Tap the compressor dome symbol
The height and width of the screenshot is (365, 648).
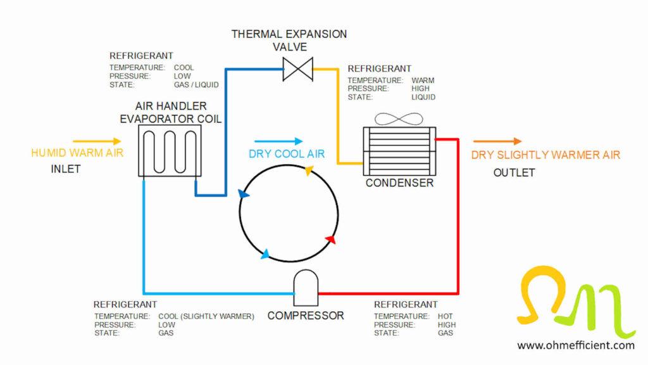coord(306,285)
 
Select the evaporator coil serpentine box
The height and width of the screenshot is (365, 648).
coord(170,150)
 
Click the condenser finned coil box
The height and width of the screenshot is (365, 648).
coord(399,150)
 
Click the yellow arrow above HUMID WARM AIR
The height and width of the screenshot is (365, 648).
coord(97,141)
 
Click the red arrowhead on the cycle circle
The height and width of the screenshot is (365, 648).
coord(330,240)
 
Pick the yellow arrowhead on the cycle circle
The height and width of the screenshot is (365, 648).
coord(308,170)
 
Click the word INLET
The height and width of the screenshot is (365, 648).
coord(66,169)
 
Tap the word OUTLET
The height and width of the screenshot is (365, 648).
coord(514,172)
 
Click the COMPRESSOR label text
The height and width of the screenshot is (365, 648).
coord(306,315)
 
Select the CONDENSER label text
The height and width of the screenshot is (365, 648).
coord(399,183)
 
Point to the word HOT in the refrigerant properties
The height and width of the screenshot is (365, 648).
coord(445,316)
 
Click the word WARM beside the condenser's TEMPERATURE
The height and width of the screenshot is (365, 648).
coord(423,80)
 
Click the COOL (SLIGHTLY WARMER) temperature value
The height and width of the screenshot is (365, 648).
coord(206,316)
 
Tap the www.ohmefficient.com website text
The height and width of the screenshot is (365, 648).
coord(575,345)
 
